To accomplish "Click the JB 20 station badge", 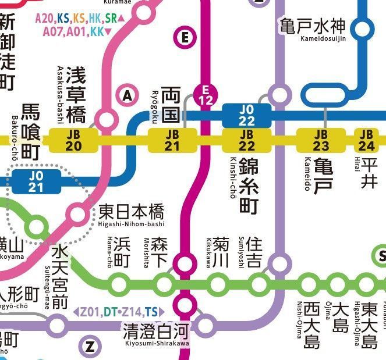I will pos(73,140).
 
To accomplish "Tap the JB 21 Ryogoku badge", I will pos(172,140).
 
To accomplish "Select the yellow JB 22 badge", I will pos(247,140).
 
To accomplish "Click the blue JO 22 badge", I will pos(247,115).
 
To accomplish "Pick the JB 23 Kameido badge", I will pos(321,140).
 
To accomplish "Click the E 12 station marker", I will pos(204,95).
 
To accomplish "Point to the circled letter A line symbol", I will pos(128,95).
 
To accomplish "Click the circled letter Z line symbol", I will pos(90,347).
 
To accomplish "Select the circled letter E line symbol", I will pos(185,38).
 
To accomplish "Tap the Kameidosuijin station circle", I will pos(363,28).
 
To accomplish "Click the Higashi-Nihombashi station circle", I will pos(78,213).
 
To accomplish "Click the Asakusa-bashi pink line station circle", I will pos(106,120).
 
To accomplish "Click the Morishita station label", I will pos(158,252).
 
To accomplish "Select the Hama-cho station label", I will pos(121,252).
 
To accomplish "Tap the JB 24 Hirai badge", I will pos(368,140).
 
